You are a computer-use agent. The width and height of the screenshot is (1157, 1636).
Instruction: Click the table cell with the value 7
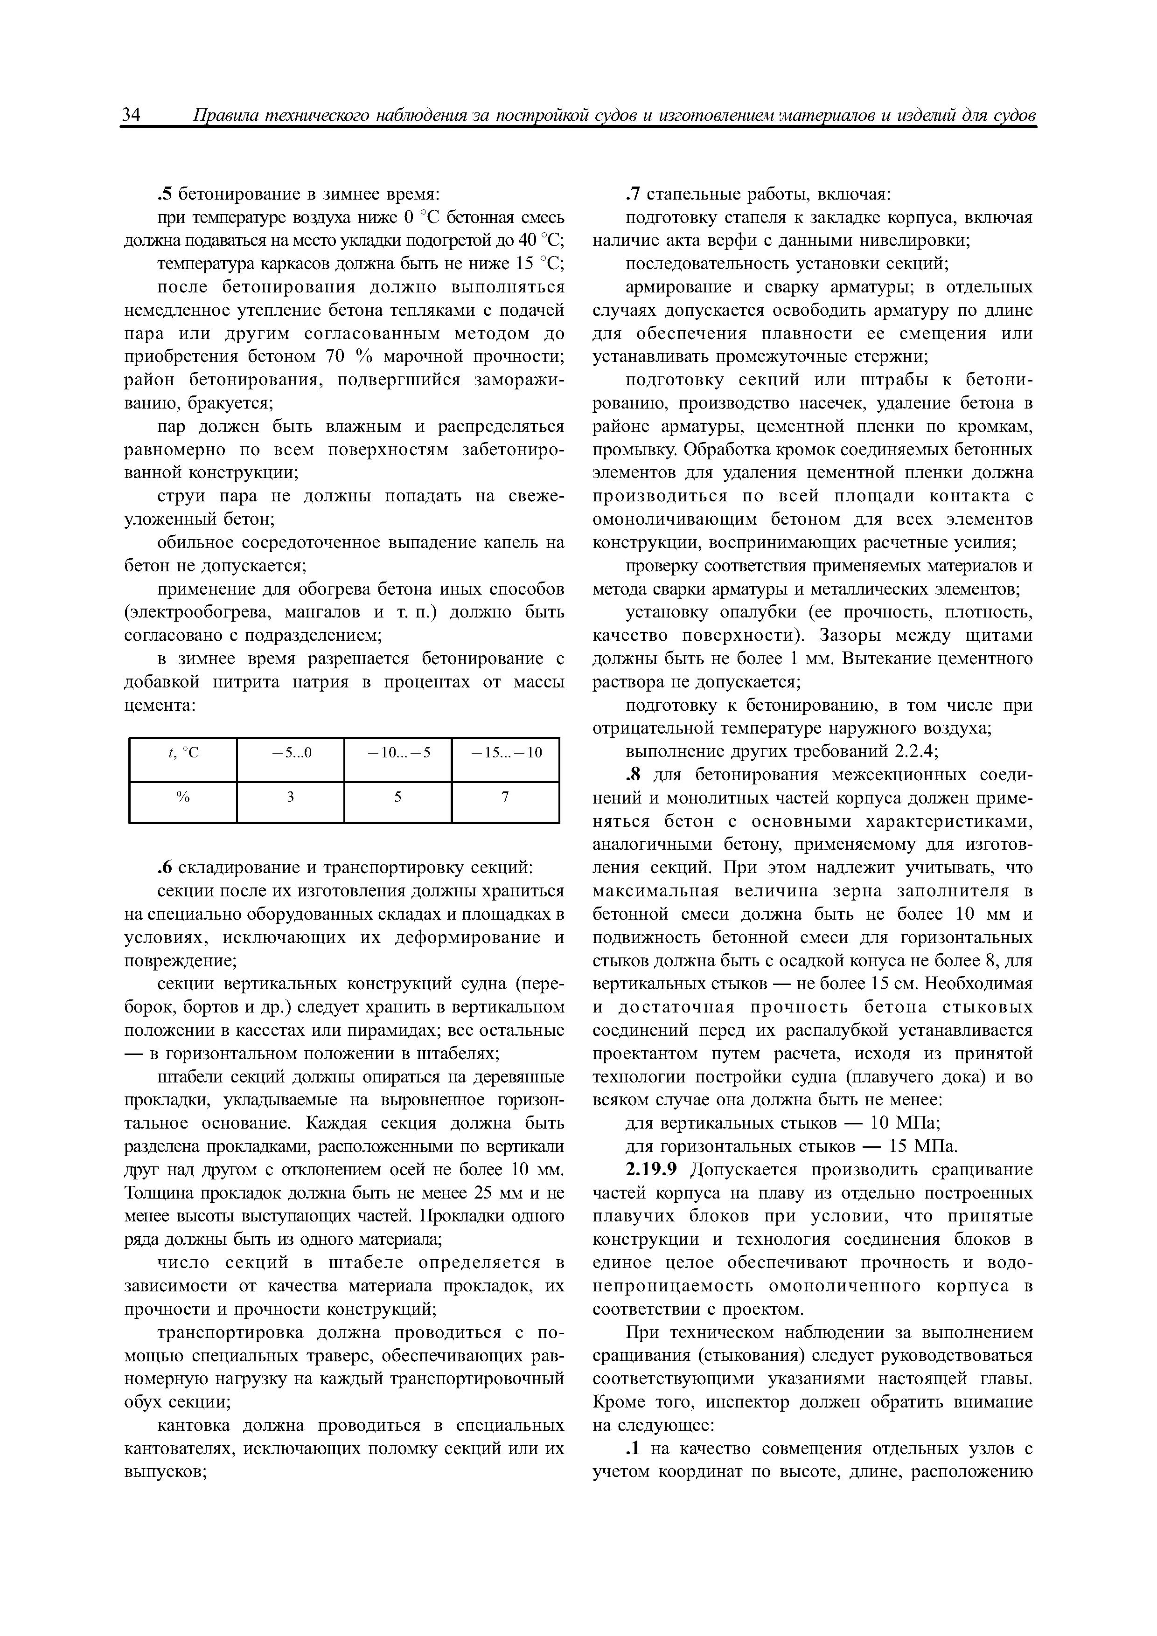505,798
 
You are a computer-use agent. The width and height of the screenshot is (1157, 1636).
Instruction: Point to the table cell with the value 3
290,798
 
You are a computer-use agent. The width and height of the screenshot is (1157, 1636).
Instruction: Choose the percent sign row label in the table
183,798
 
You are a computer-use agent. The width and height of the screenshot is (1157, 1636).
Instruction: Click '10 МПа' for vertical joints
905,1123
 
